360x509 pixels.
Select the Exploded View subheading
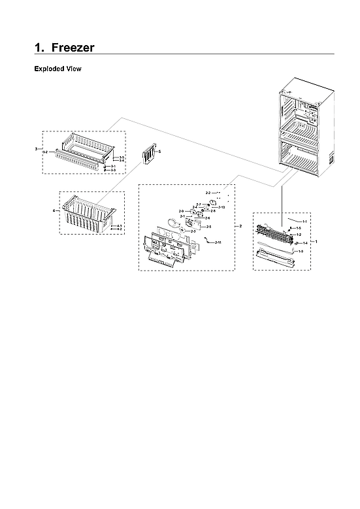57,69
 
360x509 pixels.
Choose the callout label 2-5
208,226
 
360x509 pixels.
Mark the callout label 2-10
221,207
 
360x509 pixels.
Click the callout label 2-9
181,211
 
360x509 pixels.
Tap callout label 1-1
304,222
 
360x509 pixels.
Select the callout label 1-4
304,242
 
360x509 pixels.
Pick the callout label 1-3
300,252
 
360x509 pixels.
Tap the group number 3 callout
36,150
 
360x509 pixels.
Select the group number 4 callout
54,210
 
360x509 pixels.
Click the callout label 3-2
45,152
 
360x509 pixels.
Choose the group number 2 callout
240,226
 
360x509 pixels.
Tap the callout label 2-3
193,231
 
